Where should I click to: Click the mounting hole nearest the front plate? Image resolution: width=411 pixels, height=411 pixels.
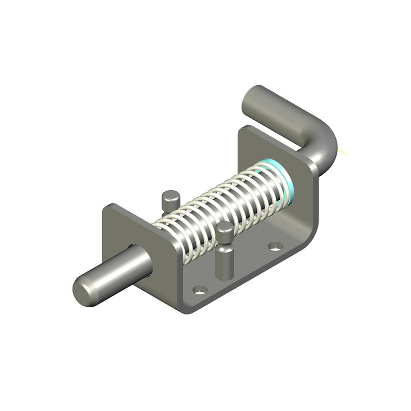[200, 290]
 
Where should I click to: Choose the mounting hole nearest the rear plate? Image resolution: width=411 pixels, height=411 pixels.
[276, 247]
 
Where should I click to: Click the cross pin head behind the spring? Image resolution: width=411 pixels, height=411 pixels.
[170, 197]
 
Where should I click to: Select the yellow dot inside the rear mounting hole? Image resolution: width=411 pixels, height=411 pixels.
[276, 248]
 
